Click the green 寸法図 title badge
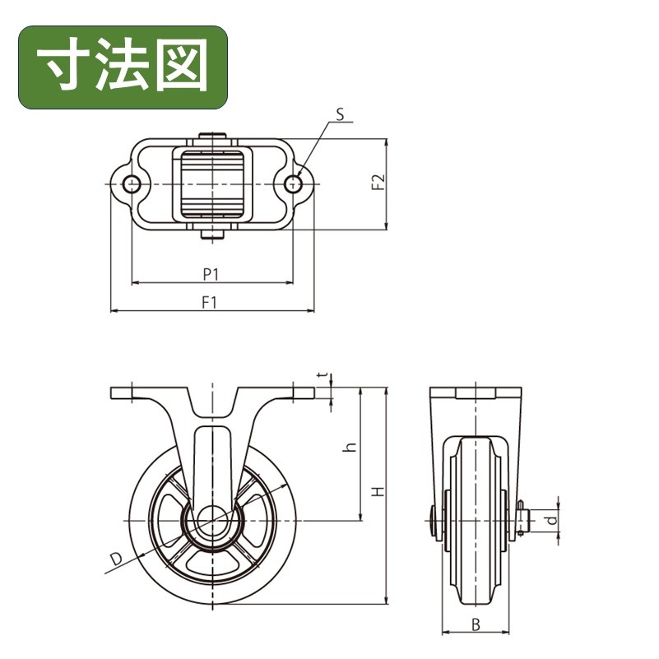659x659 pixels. [x=123, y=67]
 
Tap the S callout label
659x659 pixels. [x=340, y=114]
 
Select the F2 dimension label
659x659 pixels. [x=378, y=183]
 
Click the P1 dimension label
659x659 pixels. [x=211, y=275]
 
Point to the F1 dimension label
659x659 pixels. [x=209, y=302]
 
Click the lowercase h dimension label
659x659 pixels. [x=350, y=447]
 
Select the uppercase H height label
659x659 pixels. [x=378, y=491]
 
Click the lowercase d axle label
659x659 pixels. [x=551, y=520]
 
